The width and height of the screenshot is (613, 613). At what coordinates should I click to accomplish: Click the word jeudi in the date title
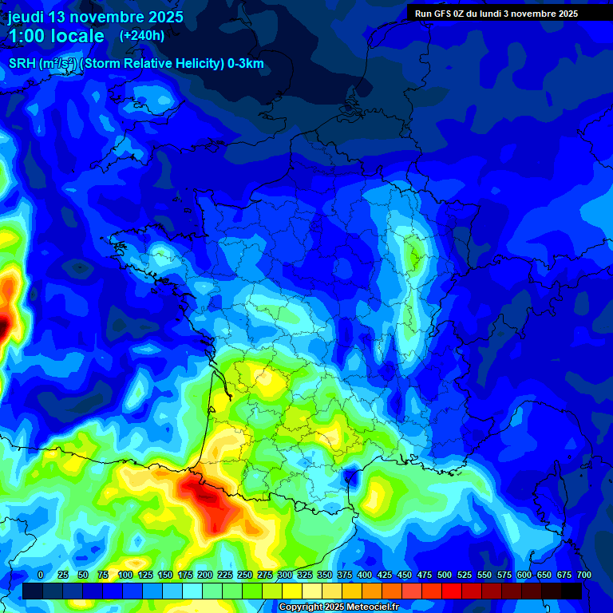click(29, 17)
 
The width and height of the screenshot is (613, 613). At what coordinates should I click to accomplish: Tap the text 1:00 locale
click(56, 37)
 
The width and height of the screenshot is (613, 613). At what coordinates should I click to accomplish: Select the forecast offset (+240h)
click(142, 36)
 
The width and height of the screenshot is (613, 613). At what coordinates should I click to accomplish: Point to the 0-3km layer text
click(245, 64)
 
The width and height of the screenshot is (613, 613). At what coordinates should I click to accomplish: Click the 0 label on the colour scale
click(41, 575)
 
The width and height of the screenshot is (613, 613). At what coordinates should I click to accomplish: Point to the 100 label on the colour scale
click(125, 575)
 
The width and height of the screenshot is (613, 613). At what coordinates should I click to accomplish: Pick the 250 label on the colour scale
click(245, 575)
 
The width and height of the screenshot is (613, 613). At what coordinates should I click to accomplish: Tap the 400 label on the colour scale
click(365, 575)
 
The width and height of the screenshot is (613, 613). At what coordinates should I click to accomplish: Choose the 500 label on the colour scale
click(445, 575)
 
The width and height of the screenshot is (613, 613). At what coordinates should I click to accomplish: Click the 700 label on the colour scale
click(583, 575)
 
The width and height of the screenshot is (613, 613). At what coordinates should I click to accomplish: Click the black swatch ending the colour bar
click(571, 591)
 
